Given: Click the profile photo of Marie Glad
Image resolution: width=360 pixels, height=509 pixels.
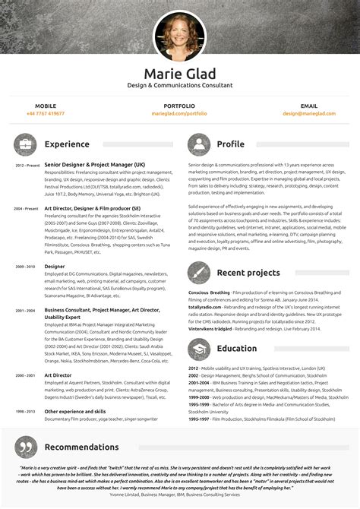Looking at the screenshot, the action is [x=179, y=35].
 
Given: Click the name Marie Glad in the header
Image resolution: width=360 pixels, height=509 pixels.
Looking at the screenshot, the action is [x=179, y=74].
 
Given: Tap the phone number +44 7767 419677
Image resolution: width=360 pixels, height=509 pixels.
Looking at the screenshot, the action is [x=46, y=113].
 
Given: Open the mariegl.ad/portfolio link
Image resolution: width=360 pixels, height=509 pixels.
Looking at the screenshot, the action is [x=179, y=113].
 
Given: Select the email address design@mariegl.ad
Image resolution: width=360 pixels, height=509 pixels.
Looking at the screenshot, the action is [x=309, y=113].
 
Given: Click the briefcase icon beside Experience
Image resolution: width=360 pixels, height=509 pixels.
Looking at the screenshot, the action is [x=26, y=144].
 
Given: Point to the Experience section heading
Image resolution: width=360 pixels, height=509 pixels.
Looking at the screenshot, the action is [x=67, y=144].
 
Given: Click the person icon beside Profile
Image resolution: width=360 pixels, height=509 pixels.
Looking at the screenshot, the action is [x=199, y=144].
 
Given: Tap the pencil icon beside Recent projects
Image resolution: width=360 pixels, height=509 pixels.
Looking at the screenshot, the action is [x=199, y=273].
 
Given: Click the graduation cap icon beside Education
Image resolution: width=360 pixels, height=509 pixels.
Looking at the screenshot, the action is [x=199, y=349].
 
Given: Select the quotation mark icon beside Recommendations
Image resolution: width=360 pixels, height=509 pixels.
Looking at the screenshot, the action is [x=26, y=447].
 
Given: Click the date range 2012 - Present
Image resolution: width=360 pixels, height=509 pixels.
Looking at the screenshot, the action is [x=27, y=165].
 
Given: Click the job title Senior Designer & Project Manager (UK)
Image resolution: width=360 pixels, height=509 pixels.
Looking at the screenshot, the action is [x=94, y=164].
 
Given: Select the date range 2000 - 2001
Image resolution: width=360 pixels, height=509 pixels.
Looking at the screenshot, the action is [x=25, y=375].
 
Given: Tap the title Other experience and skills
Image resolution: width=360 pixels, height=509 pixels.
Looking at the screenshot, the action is [x=75, y=410].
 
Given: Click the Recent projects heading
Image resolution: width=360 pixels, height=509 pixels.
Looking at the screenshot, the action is [x=248, y=273].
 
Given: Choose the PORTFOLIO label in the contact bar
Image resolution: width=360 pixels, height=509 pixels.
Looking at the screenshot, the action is [x=179, y=106].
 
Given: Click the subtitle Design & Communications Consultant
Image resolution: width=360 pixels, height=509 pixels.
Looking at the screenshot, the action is [x=179, y=87].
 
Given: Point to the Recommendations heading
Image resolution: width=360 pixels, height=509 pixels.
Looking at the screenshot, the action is [x=81, y=447].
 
